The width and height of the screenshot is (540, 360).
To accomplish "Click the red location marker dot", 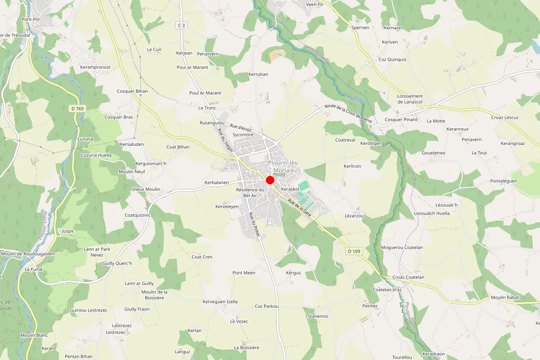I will (x=270, y=180).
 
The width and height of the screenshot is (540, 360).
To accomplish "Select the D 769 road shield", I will (x=77, y=108).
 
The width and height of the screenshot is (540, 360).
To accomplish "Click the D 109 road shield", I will (x=354, y=251).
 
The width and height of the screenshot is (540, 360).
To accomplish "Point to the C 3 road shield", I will (x=181, y=26).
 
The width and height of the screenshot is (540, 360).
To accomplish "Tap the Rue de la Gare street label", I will (x=300, y=207).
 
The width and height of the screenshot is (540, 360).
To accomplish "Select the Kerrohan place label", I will (x=258, y=74).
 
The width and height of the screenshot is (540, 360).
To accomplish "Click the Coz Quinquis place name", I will (x=392, y=59).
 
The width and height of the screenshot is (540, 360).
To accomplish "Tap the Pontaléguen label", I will (x=504, y=181).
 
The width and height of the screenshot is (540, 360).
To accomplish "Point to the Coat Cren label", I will (x=202, y=257).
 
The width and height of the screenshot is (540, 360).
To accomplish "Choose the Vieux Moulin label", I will (x=146, y=189).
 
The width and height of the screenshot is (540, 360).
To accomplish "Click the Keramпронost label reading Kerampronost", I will (x=95, y=67).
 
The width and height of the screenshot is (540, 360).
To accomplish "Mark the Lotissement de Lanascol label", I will (x=410, y=99).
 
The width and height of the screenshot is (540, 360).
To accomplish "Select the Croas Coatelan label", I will (x=409, y=277).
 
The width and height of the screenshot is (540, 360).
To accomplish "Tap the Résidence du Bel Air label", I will (x=250, y=193).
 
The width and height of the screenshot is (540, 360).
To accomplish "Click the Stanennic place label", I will (x=318, y=316).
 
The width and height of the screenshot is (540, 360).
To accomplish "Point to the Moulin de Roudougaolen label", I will (x=28, y=254).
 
